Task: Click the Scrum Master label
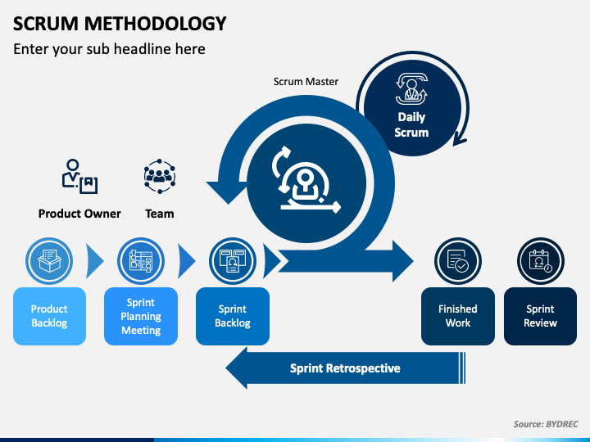coord(306,82)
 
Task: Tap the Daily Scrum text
coord(411,124)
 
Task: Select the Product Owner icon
coord(79,176)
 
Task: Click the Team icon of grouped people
coord(160,176)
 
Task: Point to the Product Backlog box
coord(49,316)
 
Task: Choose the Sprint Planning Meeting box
coord(141,316)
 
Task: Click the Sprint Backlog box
coord(233,316)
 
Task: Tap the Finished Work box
coord(458,316)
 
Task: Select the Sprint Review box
coord(540,316)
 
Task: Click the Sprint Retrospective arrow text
coord(345,368)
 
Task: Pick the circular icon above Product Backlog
coord(49,261)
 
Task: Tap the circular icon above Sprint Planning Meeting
coord(141,261)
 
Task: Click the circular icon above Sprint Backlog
coord(233,261)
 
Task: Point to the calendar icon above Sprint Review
coord(540,261)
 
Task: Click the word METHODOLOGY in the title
coord(156,24)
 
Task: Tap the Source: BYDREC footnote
coord(546,424)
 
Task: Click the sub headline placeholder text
coord(109,49)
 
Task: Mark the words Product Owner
coord(79,214)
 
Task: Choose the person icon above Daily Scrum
coord(411,89)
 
